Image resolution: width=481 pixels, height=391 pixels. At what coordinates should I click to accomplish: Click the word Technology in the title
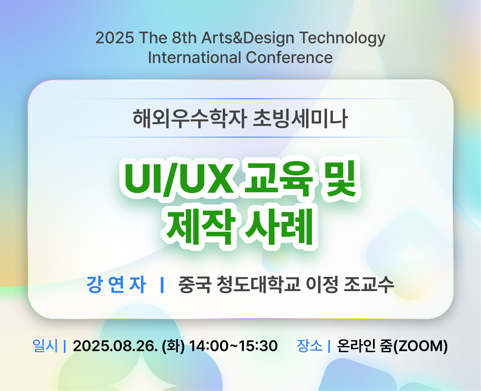[x=343, y=38]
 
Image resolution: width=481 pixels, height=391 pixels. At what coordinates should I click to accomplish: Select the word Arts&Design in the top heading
[x=248, y=38]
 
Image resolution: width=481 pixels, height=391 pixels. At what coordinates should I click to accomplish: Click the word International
[x=195, y=57]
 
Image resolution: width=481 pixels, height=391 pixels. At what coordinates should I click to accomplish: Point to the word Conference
[x=289, y=57]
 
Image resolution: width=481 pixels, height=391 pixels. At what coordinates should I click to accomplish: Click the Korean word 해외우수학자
[x=190, y=118]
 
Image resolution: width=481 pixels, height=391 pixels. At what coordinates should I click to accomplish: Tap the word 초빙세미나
[x=300, y=118]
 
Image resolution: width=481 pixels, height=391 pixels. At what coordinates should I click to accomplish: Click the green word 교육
[x=279, y=178]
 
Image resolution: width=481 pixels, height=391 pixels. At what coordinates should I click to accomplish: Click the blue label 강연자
[x=116, y=284]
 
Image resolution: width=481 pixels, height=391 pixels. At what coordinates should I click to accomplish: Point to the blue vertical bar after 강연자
[x=162, y=285]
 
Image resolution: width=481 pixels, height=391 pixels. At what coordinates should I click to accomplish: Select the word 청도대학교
[x=258, y=284]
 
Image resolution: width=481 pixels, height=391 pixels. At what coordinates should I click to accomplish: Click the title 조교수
[x=369, y=284]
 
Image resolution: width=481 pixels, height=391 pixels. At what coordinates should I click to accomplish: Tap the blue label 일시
[x=45, y=346]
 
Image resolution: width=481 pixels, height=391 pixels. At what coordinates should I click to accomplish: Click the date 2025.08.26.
[x=115, y=346]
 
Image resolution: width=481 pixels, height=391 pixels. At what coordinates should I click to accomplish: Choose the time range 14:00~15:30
[x=233, y=346]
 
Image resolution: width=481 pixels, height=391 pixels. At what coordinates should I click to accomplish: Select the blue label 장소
[x=310, y=346]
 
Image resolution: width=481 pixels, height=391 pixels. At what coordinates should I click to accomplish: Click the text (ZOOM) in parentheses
[x=421, y=346]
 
